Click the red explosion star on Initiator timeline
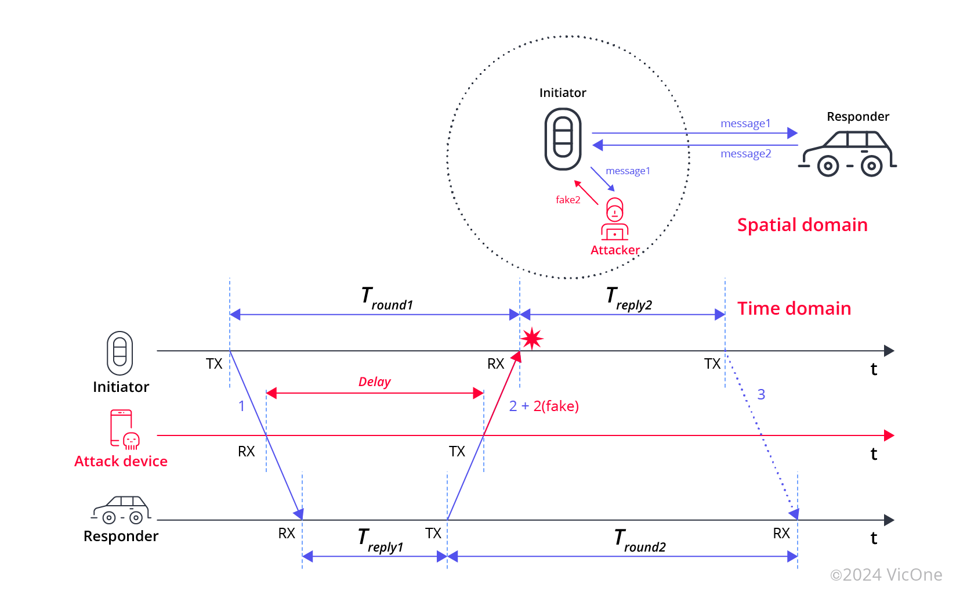coord(532,338)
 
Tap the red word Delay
coord(374,382)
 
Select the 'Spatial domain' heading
coord(802,225)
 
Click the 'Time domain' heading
coord(794,308)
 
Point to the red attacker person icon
coord(615,219)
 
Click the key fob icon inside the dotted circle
coord(563,139)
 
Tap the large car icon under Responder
coord(848,154)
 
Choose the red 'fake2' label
coord(568,200)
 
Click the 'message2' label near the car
coord(745,154)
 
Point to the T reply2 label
coord(629,298)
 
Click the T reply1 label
coord(381,541)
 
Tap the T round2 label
coord(640,541)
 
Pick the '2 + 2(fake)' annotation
coord(544,406)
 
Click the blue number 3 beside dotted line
coord(761,395)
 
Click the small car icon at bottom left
coord(121,510)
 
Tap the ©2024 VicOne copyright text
coord(886,575)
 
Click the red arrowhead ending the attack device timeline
coord(889,435)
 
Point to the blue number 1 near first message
coord(241,406)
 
